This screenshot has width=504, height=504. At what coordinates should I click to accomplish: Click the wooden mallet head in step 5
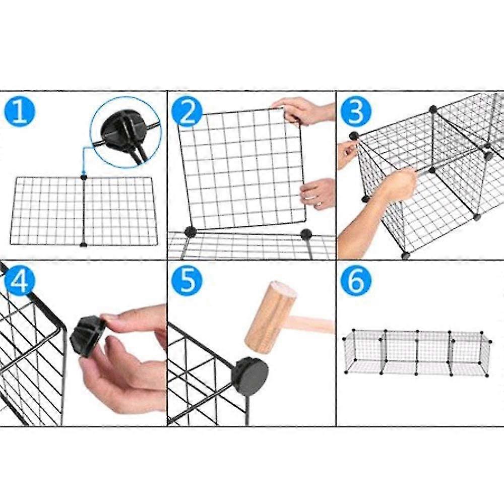tap(270, 316)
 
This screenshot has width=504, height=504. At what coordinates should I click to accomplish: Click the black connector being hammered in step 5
tap(250, 373)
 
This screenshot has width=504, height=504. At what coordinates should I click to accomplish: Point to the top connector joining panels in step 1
tap(84, 177)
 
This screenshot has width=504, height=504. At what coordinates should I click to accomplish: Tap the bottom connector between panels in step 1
tap(84, 244)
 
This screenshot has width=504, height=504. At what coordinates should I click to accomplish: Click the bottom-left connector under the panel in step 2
tap(190, 232)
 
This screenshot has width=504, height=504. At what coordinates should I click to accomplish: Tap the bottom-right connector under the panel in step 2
tap(306, 233)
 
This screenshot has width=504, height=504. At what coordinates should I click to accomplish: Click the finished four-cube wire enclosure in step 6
tap(416, 352)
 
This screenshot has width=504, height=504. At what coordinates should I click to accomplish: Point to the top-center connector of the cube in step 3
tap(432, 108)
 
